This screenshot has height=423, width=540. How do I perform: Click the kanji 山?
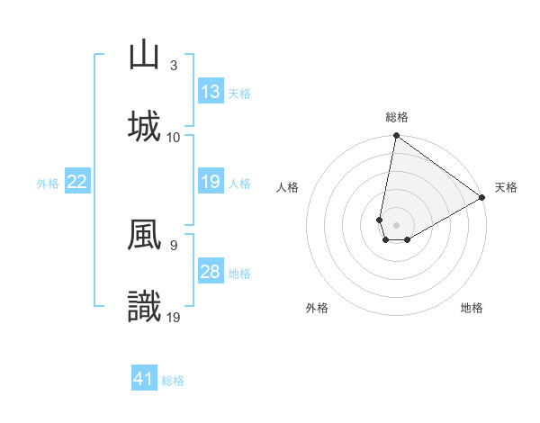tap(145, 56)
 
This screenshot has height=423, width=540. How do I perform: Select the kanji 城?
tap(145, 125)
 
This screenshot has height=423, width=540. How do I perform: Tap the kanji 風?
tap(145, 237)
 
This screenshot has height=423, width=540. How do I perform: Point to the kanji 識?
tap(145, 307)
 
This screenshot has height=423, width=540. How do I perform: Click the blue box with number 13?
tap(211, 92)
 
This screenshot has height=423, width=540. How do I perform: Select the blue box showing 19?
tap(211, 182)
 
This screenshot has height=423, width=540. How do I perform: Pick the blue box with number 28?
tap(211, 272)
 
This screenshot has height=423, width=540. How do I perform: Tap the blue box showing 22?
tap(77, 182)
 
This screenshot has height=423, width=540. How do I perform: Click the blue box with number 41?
tap(144, 379)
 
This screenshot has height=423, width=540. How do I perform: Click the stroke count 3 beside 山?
tap(174, 66)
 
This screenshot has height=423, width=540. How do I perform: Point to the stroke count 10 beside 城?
tap(174, 137)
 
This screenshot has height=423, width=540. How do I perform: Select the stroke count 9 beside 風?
tap(174, 244)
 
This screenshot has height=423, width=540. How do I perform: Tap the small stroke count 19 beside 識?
tap(174, 316)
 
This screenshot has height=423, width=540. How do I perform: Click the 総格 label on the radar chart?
tap(397, 117)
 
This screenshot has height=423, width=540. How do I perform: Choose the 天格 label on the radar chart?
tap(506, 187)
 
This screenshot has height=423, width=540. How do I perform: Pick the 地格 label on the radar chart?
tap(472, 308)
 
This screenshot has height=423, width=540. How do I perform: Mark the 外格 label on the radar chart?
tap(317, 308)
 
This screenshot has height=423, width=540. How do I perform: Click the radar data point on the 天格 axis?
tap(482, 198)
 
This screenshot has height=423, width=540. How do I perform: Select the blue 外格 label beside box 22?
tap(48, 183)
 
